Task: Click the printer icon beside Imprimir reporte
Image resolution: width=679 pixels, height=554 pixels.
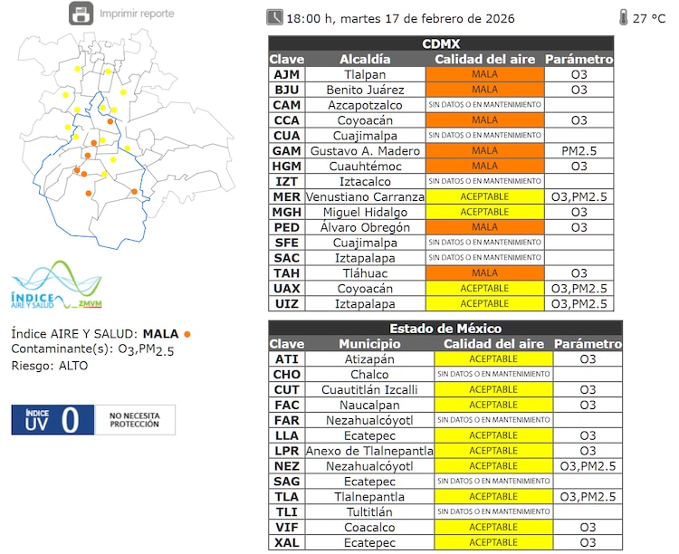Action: click(81, 14)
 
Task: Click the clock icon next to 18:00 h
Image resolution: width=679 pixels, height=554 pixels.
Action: click(274, 17)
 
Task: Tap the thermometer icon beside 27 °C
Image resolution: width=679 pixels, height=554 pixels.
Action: click(623, 17)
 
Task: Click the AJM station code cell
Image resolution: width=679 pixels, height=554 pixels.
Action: click(286, 74)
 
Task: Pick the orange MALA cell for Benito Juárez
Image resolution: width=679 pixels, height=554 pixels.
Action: click(484, 90)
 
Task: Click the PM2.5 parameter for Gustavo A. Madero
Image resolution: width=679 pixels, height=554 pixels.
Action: click(579, 151)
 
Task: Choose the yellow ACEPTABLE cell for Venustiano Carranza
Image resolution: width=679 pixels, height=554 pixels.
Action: click(484, 196)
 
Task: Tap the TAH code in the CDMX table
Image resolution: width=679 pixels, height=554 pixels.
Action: click(286, 272)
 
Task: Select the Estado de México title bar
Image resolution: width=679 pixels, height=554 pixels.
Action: click(445, 329)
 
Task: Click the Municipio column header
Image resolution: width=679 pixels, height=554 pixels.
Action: click(369, 344)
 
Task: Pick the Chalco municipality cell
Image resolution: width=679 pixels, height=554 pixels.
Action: click(369, 375)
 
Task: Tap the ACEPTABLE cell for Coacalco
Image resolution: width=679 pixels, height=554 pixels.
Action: click(493, 527)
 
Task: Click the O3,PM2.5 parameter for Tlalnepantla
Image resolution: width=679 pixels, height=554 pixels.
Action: click(588, 496)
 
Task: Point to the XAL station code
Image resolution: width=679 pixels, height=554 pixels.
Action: click(286, 542)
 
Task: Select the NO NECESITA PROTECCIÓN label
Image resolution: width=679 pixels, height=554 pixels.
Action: click(135, 420)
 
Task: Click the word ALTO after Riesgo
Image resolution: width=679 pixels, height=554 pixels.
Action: click(73, 366)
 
